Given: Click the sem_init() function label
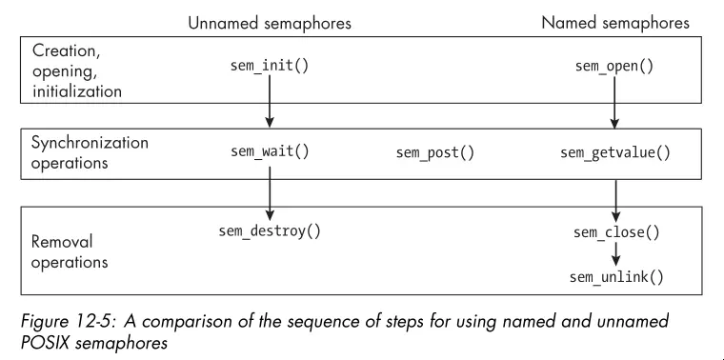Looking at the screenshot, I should coord(270,67).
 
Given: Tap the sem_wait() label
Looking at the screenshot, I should coord(270,152).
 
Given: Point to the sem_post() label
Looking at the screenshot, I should coord(434,152).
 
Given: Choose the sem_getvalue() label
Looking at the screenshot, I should coord(614,152).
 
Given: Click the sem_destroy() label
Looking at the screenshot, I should coord(270,230).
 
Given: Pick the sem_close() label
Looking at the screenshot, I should coord(615,232).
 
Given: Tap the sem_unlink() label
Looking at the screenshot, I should coord(615,277).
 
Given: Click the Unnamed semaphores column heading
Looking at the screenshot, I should coord(270,23).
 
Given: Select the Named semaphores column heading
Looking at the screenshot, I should coord(615,23).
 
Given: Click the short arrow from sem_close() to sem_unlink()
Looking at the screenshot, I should coord(615,254).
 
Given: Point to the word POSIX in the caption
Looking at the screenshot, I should coord(48,340).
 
